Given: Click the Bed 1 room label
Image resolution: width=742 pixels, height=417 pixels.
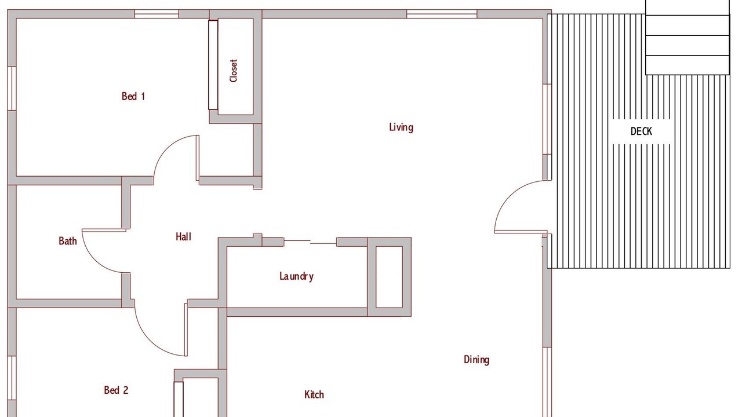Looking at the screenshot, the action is [x=133, y=96].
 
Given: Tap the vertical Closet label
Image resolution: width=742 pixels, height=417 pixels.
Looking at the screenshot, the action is [x=234, y=71].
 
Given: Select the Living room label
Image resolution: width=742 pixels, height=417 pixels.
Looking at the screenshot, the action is [x=401, y=127].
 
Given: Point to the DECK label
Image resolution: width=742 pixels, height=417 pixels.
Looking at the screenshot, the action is [x=641, y=131].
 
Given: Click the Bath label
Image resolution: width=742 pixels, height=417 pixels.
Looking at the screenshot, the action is [x=68, y=241].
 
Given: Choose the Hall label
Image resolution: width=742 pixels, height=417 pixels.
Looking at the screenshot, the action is [x=184, y=237].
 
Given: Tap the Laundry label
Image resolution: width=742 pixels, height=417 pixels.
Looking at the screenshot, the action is [x=296, y=276].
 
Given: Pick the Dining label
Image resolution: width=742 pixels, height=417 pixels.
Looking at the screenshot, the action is [x=477, y=360].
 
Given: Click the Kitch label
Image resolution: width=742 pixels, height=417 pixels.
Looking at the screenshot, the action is [x=314, y=394].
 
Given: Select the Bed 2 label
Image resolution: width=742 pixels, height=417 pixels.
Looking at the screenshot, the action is [x=116, y=390].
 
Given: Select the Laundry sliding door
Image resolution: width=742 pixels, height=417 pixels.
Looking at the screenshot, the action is [x=310, y=242].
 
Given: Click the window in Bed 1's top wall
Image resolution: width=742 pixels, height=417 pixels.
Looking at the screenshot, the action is [x=157, y=14].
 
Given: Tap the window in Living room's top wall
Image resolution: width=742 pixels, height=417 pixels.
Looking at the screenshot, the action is [x=442, y=14].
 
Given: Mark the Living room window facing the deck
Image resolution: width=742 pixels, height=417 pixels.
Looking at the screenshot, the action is [x=547, y=119].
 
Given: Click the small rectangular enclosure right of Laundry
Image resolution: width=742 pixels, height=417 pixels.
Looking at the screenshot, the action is [x=389, y=277].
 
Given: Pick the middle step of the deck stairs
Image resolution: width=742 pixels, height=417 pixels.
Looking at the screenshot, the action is [x=688, y=45].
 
